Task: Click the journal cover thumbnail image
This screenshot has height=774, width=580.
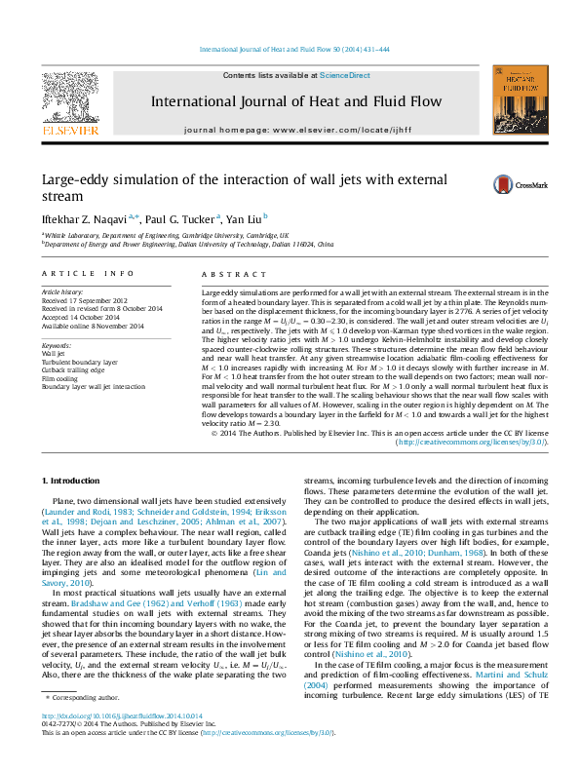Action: coord(515,99)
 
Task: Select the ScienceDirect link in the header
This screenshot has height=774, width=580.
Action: coord(345,75)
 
